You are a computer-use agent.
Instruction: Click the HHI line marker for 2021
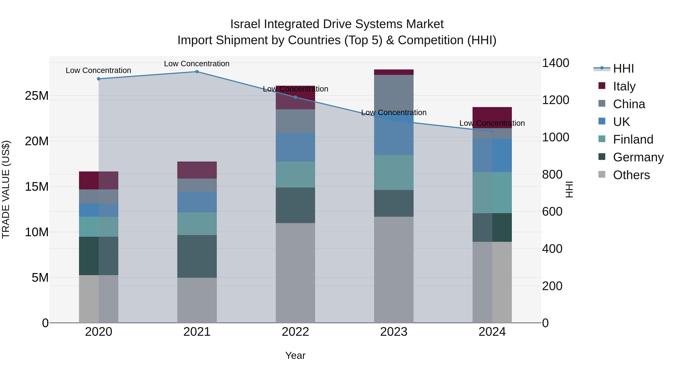(x=197, y=72)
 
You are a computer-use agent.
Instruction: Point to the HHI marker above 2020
(x=99, y=79)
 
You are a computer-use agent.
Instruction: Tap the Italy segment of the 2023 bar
(x=394, y=72)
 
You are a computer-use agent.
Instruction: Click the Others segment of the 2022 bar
(x=295, y=273)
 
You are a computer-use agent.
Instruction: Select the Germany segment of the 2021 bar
(x=197, y=256)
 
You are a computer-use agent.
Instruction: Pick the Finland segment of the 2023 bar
(x=394, y=172)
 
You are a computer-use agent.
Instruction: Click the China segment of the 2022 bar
(x=295, y=121)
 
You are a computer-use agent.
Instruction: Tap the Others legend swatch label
(x=631, y=175)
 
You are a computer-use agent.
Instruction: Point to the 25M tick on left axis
(x=37, y=96)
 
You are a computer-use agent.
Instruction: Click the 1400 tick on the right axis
(x=555, y=63)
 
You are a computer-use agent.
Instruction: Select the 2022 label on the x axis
(x=295, y=332)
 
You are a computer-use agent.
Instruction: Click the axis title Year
(x=295, y=355)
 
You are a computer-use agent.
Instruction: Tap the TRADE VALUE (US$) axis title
(x=6, y=189)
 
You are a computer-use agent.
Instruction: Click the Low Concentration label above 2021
(x=197, y=64)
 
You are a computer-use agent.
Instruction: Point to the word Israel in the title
(x=245, y=24)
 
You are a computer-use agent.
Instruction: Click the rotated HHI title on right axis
(x=569, y=189)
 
